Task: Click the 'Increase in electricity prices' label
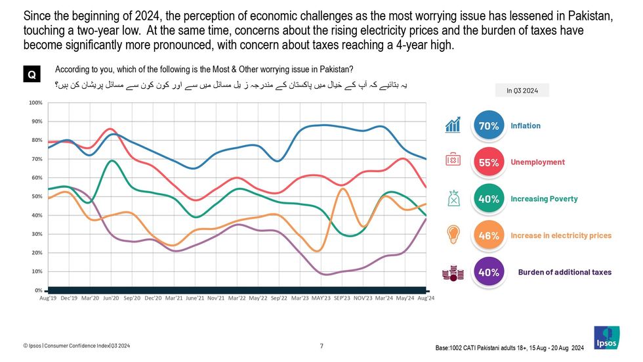point(561,235)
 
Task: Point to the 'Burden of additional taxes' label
point(564,272)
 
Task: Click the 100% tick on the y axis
point(35,103)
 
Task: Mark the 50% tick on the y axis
point(37,196)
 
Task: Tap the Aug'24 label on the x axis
point(426,298)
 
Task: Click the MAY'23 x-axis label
point(321,298)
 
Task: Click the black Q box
point(31,76)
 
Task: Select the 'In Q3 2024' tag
point(522,91)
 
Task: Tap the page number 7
point(321,346)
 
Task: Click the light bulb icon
point(453,235)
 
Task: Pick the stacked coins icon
point(451,273)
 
